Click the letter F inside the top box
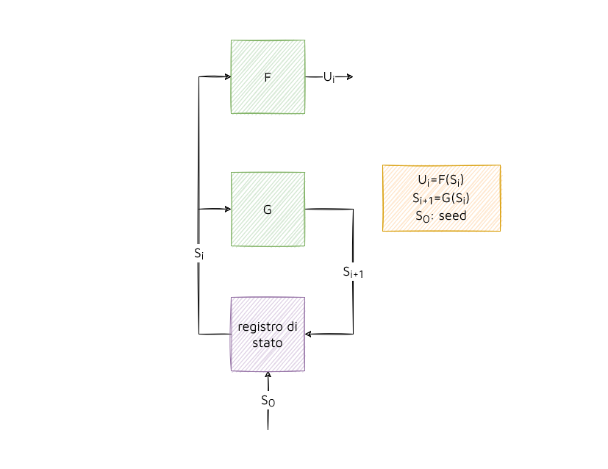[x=268, y=76]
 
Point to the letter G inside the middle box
[x=268, y=210]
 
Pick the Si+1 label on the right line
[x=354, y=272]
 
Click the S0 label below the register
[x=268, y=401]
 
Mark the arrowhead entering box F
[x=227, y=76]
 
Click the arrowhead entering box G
[x=227, y=210]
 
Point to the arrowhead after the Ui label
[x=350, y=76]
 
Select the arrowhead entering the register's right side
[x=309, y=334]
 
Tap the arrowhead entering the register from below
[x=268, y=375]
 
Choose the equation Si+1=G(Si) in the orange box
[x=441, y=198]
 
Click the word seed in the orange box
[x=452, y=216]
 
